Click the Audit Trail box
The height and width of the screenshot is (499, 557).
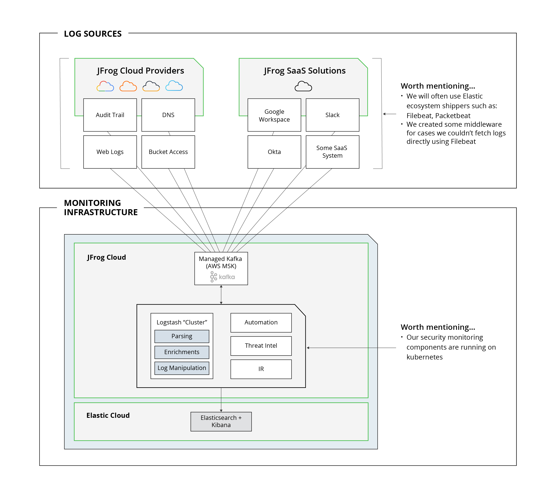(110, 115)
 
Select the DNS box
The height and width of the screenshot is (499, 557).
(168, 115)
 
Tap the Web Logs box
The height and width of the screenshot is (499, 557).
(110, 152)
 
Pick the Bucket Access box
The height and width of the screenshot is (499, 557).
(168, 152)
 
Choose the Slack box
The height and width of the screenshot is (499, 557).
(332, 115)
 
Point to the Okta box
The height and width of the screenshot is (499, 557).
(274, 152)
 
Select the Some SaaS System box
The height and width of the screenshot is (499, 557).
(332, 152)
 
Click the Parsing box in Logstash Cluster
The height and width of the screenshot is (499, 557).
(182, 336)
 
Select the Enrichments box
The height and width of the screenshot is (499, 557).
(182, 352)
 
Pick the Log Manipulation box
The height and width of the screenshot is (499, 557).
(182, 368)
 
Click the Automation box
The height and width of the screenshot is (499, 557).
(261, 322)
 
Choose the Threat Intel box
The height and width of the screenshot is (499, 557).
(261, 346)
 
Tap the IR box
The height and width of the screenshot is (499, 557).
(261, 369)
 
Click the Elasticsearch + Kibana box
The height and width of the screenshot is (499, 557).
(221, 422)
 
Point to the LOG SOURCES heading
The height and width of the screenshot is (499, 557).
(93, 34)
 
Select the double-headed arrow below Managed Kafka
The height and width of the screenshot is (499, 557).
(221, 295)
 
